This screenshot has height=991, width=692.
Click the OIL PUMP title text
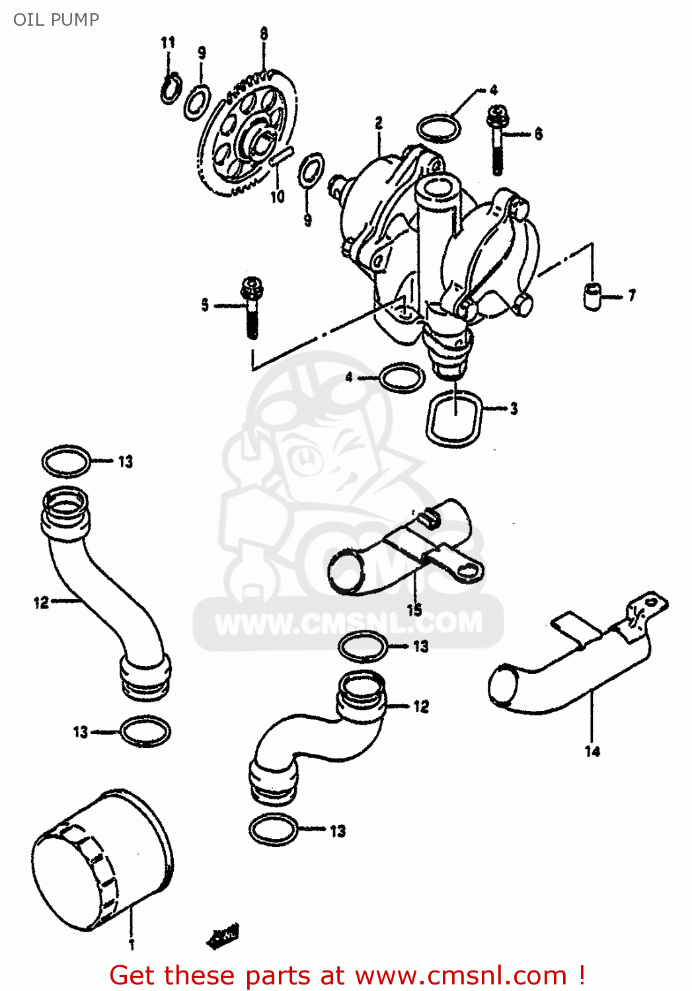56,19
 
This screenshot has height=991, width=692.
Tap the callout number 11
168,42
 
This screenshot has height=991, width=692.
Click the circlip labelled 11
171,89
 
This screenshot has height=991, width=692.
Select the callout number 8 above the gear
264,34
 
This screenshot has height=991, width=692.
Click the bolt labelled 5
252,307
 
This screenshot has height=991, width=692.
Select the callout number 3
514,409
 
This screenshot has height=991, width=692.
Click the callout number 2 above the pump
379,123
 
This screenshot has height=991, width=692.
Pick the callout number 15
414,609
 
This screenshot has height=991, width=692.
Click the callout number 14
592,751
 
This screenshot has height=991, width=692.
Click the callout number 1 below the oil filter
132,944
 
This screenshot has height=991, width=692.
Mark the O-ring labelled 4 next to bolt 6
439,128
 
